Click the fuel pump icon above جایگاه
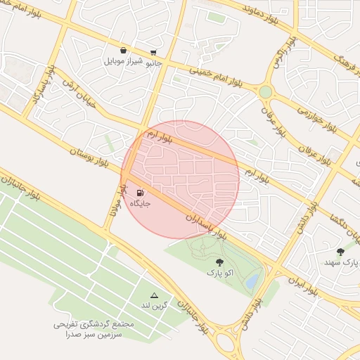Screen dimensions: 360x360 pos(141,193)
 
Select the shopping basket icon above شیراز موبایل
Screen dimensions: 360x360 pos(124,51)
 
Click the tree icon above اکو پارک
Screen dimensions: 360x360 pos(218,262)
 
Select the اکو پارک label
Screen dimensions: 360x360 pos(218,271)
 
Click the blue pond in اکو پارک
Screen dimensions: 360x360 pos(251,281)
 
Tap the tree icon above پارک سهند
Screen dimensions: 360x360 pos(341,251)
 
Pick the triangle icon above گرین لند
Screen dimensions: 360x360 pos(155,295)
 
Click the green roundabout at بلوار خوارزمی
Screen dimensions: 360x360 pos(265,92)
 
